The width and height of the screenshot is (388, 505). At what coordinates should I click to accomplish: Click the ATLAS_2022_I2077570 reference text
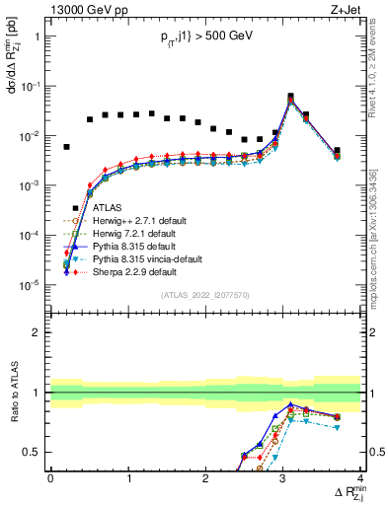coord(205,295)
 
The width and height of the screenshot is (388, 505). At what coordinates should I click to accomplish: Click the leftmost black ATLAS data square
coord(66,147)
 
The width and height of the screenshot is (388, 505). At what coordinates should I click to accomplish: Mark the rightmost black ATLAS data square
coord(337,151)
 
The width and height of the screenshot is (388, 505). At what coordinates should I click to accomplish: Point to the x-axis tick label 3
coord(282,477)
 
